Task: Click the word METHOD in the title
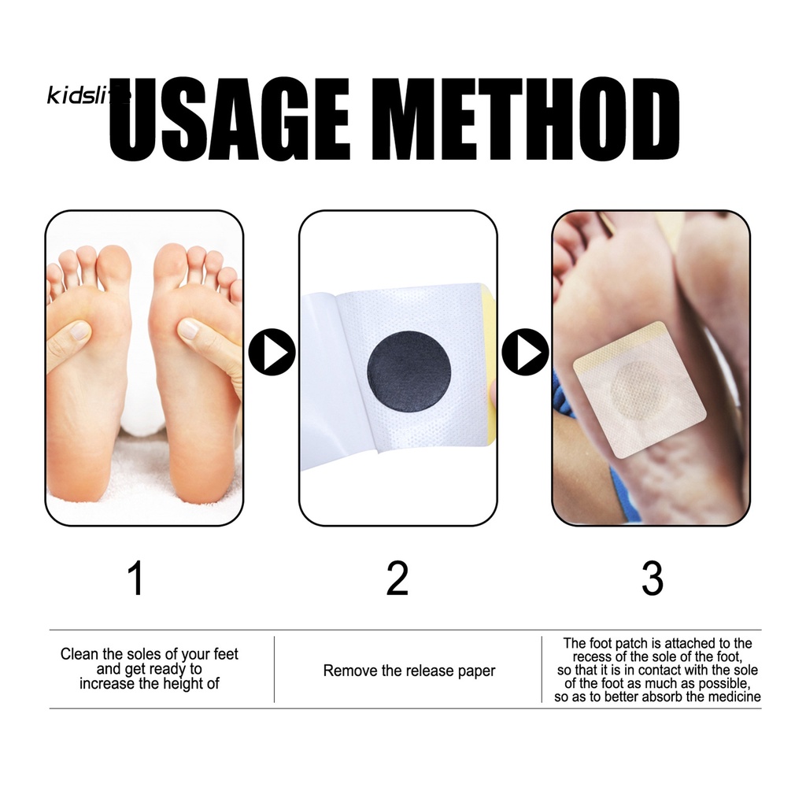(525, 120)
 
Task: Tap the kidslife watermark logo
(87, 95)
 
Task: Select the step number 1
(135, 579)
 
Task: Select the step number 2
(397, 579)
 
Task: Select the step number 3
(653, 579)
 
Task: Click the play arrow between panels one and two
(272, 352)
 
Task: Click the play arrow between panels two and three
(525, 352)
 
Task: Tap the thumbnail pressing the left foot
(80, 331)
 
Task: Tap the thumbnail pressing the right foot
(189, 328)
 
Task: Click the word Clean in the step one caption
(79, 654)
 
